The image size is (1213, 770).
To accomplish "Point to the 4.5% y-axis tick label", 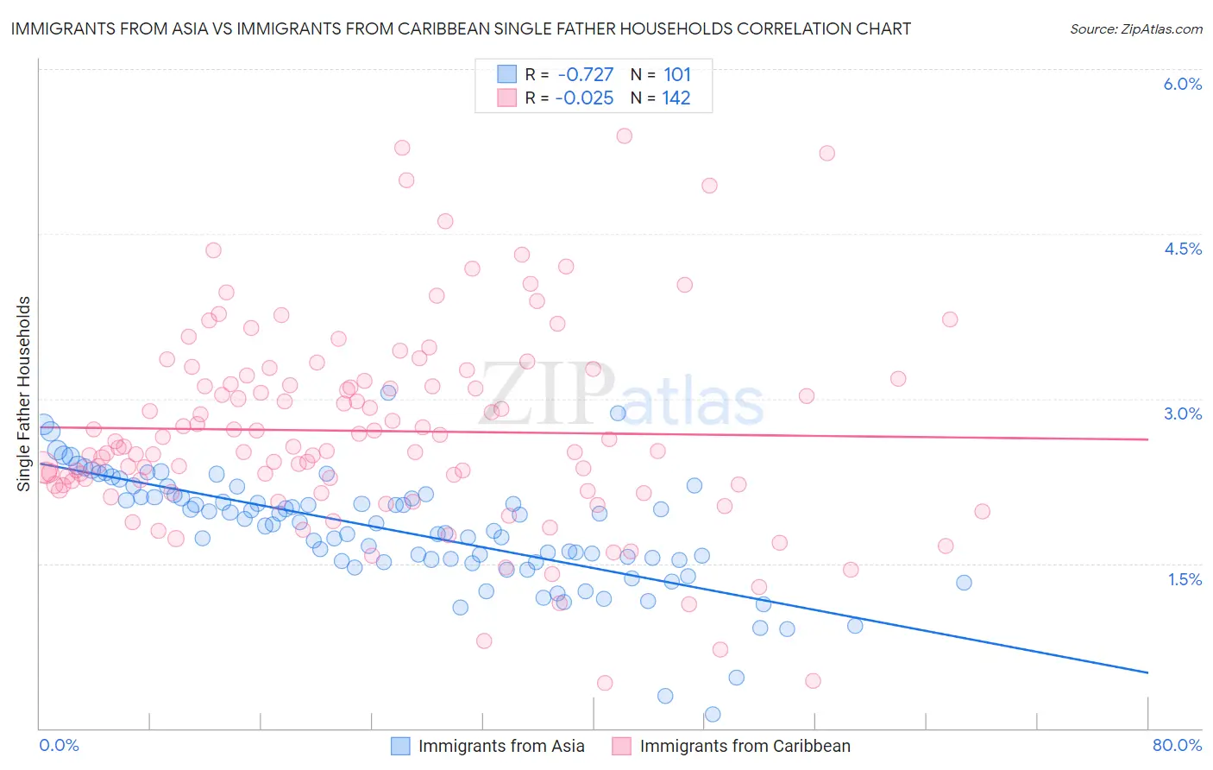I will pyautogui.click(x=1182, y=249).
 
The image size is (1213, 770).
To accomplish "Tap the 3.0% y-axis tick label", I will pyautogui.click(x=1182, y=413).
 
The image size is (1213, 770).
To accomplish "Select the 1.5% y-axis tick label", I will pyautogui.click(x=1185, y=579).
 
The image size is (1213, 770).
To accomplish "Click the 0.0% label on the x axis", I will pyautogui.click(x=60, y=745).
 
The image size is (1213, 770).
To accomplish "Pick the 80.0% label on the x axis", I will pyautogui.click(x=1177, y=745).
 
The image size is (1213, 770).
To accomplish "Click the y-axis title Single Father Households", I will pyautogui.click(x=24, y=394).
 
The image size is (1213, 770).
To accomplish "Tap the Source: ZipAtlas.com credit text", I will pyautogui.click(x=1135, y=29).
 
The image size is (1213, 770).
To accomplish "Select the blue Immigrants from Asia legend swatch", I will pyautogui.click(x=400, y=746).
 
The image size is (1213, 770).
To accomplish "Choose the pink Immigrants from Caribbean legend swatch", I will pyautogui.click(x=622, y=746).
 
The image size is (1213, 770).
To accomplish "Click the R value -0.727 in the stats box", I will pyautogui.click(x=585, y=74).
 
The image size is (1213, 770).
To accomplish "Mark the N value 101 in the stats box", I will pyautogui.click(x=677, y=74).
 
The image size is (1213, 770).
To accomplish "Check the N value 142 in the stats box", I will pyautogui.click(x=676, y=98).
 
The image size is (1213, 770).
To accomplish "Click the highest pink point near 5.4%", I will pyautogui.click(x=625, y=136).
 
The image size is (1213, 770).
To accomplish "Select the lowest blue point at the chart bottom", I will pyautogui.click(x=713, y=714).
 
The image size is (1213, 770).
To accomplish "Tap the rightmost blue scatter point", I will pyautogui.click(x=964, y=583).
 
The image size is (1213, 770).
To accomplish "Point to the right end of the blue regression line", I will pyautogui.click(x=1147, y=672).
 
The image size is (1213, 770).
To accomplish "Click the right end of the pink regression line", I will pyautogui.click(x=1147, y=439).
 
